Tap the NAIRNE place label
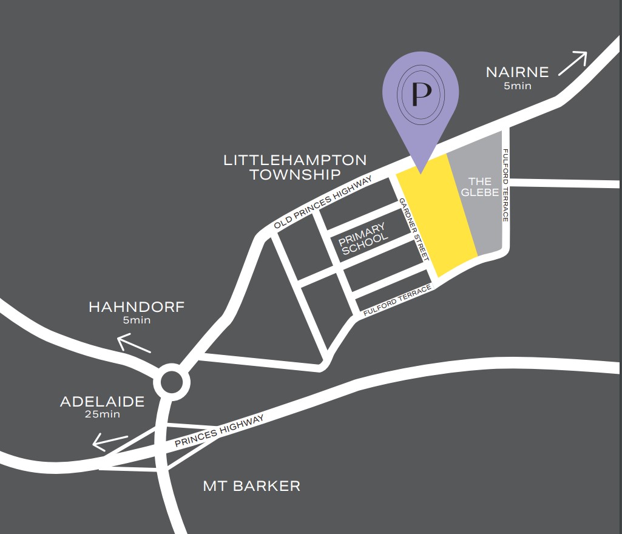(517, 72)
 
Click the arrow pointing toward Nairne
(573, 63)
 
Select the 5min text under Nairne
(517, 86)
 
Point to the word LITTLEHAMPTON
(295, 160)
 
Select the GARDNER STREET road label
(414, 230)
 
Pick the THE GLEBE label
(480, 187)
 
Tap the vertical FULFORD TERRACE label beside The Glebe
(505, 184)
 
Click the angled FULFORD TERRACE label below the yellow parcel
(397, 299)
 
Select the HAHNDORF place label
(136, 307)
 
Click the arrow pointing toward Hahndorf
(134, 345)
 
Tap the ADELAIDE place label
(102, 402)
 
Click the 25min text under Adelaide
(102, 415)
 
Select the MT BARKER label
(251, 486)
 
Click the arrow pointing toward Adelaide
(109, 442)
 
